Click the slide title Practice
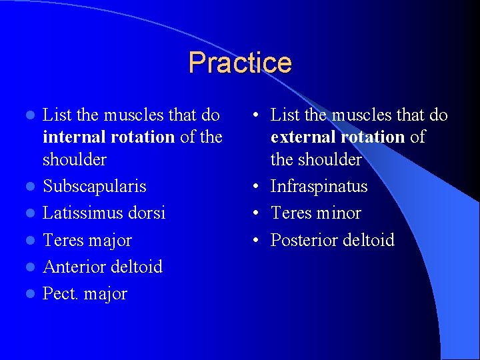[x=240, y=63]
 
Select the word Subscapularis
[x=94, y=187]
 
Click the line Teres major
[x=87, y=240]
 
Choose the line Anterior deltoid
[x=102, y=267]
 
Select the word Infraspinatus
[x=319, y=187]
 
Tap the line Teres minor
[x=315, y=213]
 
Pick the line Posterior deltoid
[x=332, y=240]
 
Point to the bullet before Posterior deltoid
[x=257, y=241]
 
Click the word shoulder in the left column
[x=74, y=160]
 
